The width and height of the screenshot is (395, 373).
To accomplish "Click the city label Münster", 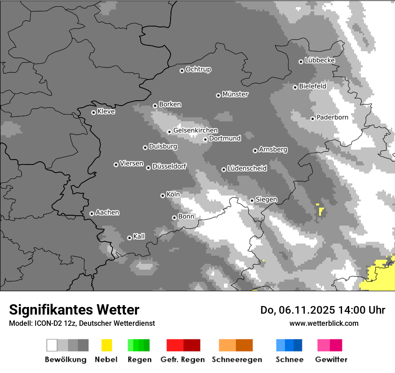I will point(235,94).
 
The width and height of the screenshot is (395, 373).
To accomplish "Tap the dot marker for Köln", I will point(162,195).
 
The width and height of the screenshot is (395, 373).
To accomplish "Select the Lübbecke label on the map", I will point(320,60).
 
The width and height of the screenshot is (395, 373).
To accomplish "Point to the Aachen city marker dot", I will point(92,213).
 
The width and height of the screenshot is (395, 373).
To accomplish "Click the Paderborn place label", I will point(332,117).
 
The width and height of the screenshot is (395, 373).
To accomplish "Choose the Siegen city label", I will point(266,199).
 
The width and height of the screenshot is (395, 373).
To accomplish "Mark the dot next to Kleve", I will point(93,112).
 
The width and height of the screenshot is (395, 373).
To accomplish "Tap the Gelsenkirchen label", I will point(195,130).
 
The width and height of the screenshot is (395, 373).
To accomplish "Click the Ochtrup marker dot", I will point(182,71).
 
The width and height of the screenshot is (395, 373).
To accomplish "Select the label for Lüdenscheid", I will point(247,168).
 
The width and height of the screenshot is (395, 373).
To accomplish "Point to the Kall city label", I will point(139,236).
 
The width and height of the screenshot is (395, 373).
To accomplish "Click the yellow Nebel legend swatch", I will point(106,345).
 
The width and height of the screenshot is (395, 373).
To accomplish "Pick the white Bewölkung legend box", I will point(52,345).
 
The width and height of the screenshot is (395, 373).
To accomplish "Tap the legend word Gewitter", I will point(331,360).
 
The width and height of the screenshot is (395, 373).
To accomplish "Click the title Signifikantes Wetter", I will point(74,310).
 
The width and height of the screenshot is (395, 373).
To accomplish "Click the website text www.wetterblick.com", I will point(324,323).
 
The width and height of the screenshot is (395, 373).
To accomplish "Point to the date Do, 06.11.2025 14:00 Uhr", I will point(323,310).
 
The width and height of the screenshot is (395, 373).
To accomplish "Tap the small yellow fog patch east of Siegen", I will point(320,210).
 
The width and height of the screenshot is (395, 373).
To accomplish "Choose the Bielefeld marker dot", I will point(295,87).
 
